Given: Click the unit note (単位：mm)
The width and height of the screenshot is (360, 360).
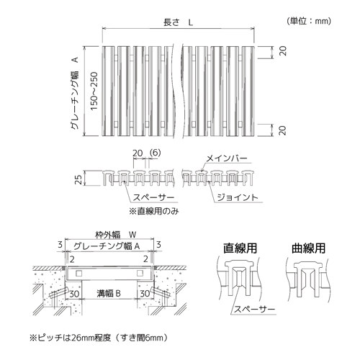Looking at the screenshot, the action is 309,21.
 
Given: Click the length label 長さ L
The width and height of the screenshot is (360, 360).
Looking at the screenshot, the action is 178,22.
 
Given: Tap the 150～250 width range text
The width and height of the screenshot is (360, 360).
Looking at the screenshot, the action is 94,91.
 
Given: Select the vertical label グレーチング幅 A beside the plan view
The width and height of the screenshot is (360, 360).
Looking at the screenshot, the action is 75,93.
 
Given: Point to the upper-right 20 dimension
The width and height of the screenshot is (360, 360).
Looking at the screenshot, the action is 283,51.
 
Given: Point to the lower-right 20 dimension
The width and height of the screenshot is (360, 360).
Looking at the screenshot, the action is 283,130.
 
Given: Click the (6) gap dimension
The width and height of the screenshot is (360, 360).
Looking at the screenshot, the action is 155,153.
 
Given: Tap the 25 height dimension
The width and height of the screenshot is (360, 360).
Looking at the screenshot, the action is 78,179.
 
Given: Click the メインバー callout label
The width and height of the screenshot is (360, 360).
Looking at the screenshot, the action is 227,158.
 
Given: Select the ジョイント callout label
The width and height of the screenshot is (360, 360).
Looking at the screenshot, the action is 238,197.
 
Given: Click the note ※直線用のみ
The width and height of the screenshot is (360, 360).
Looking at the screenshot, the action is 154,211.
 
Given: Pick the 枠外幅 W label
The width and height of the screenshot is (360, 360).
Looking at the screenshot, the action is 116,235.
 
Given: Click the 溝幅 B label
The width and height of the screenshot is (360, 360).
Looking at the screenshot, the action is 109,293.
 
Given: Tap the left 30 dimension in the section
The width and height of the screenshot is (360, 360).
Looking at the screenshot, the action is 74,294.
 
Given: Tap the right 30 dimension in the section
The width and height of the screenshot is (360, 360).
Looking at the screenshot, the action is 145,294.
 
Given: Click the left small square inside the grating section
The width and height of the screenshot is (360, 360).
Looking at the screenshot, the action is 78,273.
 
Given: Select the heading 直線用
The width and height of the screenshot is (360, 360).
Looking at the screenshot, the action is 240,248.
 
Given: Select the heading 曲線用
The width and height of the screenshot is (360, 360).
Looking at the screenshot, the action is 308,248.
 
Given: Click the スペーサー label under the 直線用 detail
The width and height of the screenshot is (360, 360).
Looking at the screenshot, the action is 254,309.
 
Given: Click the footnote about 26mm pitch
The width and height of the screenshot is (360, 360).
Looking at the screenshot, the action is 99,338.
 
